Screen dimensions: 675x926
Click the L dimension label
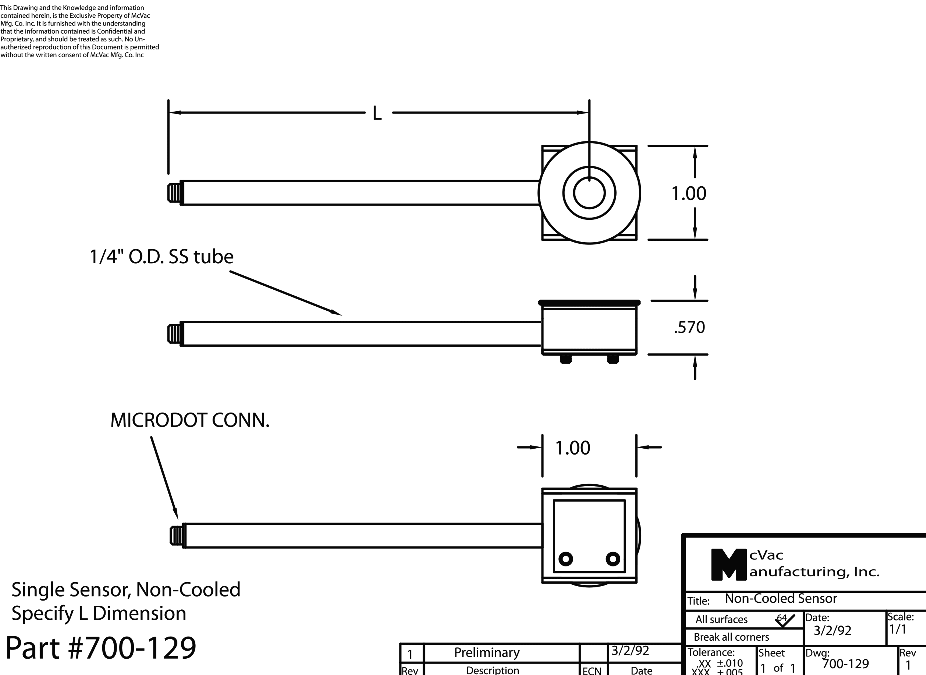pyautogui.click(x=377, y=113)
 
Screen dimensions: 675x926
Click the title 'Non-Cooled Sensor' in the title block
pyautogui.click(x=781, y=599)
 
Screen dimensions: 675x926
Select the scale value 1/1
pyautogui.click(x=898, y=629)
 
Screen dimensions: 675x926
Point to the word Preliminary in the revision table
pyautogui.click(x=487, y=653)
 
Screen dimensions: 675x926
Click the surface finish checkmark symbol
pyautogui.click(x=785, y=620)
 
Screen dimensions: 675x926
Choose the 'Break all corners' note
pyautogui.click(x=731, y=637)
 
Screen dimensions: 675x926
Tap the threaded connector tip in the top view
pyautogui.click(x=174, y=193)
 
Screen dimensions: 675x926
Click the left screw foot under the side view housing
pyautogui.click(x=566, y=359)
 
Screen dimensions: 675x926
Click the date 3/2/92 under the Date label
pyautogui.click(x=832, y=630)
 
